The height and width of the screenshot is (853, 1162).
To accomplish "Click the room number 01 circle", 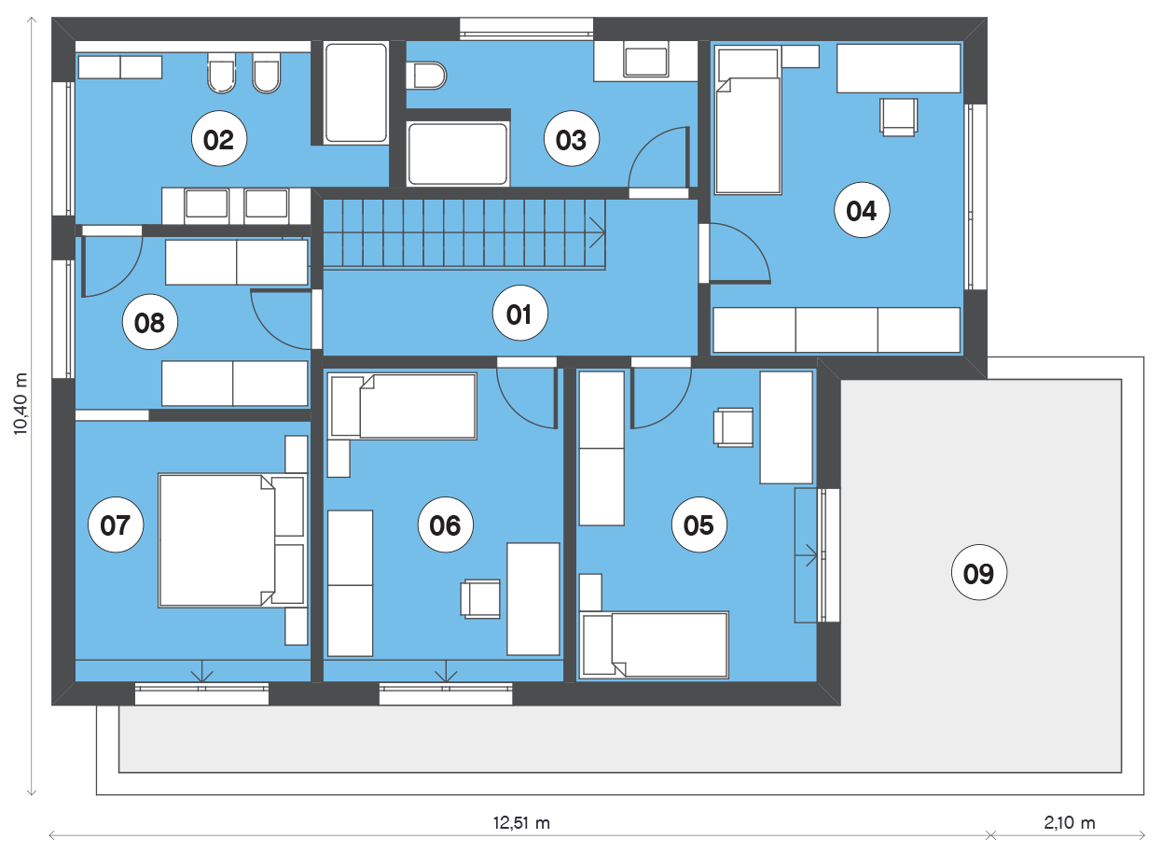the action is click(x=519, y=313).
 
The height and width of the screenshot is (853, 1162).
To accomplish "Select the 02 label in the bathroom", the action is click(x=219, y=139).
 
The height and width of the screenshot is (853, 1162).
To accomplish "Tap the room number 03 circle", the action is click(x=572, y=139).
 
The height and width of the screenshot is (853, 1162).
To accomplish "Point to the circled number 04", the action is click(x=862, y=210).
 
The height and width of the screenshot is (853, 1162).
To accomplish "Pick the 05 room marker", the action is click(x=699, y=524).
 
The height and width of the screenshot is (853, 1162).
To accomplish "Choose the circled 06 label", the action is click(x=446, y=524).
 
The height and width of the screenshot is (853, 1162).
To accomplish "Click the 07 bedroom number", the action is click(x=116, y=524).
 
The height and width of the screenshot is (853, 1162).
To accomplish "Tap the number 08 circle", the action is click(x=150, y=322).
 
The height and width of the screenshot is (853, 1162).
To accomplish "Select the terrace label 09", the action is click(x=979, y=573).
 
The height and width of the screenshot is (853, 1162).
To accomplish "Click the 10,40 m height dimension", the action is click(x=21, y=403).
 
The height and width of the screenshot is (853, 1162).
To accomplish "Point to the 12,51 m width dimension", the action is click(x=521, y=823).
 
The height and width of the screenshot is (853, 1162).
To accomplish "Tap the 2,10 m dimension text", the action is click(x=1070, y=823).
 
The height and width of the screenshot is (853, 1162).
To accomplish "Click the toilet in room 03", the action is click(x=426, y=76).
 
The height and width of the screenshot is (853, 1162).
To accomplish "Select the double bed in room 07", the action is click(x=232, y=540).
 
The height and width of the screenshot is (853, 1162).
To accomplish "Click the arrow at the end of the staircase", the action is click(x=597, y=232).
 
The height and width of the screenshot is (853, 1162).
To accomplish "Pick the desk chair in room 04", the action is click(x=898, y=117).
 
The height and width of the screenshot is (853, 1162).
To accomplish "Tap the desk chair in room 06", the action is click(x=480, y=598).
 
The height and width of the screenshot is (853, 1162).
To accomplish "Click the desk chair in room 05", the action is click(x=734, y=427).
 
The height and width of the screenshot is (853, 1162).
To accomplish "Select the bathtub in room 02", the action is click(x=356, y=93).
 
